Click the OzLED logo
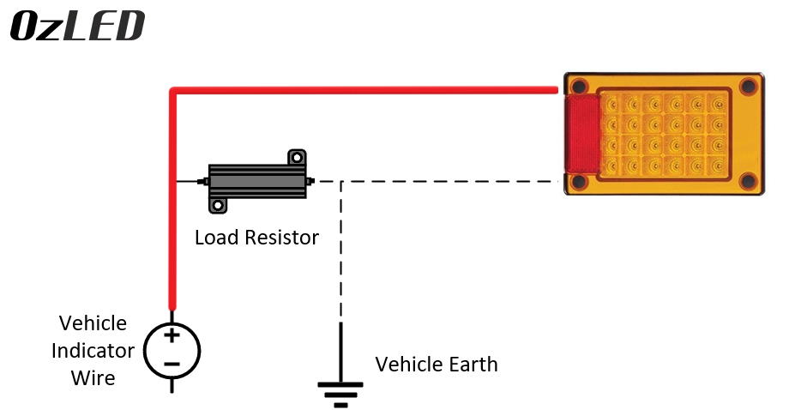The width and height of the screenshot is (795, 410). [77, 26]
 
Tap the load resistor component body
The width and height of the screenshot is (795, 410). [256, 182]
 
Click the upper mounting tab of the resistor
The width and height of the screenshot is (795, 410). [297, 158]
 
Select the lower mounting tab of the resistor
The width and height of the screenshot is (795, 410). [217, 206]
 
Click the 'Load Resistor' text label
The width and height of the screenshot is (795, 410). [256, 238]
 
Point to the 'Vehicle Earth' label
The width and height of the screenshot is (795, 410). [437, 364]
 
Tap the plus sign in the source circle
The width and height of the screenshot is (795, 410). [172, 335]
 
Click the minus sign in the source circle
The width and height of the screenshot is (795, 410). [172, 364]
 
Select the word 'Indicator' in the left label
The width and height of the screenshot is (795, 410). [93, 351]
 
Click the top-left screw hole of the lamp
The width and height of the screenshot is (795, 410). [580, 86]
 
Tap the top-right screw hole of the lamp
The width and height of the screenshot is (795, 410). [749, 86]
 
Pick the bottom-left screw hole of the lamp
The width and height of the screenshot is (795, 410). [580, 181]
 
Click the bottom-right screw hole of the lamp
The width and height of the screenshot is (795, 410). [749, 181]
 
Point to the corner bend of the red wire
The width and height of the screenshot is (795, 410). [175, 90]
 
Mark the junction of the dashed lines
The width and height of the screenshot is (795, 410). [341, 182]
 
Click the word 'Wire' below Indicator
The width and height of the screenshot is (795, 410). [93, 378]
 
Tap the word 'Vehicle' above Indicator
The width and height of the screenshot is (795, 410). [93, 323]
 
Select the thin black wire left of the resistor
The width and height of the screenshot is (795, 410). [188, 182]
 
